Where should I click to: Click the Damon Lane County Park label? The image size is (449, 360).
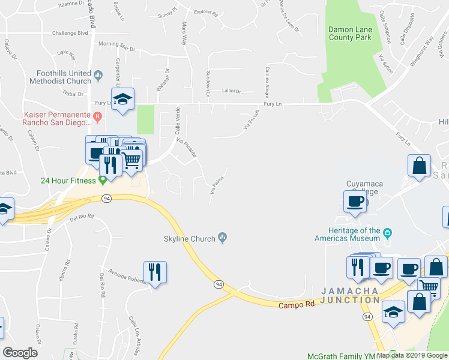(x=350, y=34)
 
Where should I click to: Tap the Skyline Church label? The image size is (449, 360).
(x=190, y=239)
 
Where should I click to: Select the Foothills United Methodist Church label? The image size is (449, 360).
(x=62, y=77)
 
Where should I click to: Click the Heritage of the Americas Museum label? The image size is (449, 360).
(x=348, y=234)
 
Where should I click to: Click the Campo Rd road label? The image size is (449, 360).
(x=297, y=305)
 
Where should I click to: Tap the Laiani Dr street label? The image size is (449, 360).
(x=231, y=92)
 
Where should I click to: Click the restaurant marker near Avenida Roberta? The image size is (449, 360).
(x=155, y=274)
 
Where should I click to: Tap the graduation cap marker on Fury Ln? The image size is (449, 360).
(x=122, y=100)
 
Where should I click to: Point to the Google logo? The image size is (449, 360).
(x=20, y=353)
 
